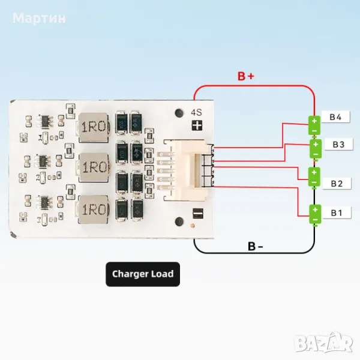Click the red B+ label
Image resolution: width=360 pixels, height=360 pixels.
pos(246,76)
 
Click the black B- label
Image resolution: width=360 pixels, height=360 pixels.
pos(255,247)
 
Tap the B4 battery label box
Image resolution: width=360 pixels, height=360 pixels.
pos(335,117)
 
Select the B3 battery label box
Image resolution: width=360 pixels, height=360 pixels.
pos(338,144)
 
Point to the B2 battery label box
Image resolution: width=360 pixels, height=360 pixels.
pos(337,183)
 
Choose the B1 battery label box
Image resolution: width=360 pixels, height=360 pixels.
pos(337,212)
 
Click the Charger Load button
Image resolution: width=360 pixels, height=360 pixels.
pos(142,274)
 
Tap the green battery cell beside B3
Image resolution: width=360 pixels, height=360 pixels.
pos(314,148)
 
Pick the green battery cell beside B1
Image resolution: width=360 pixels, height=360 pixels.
pos(314,214)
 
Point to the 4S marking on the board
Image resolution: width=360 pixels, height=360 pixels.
pos(196,112)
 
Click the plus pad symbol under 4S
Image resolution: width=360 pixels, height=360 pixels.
pos(196,125)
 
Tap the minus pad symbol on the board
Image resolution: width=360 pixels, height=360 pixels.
pos(196,213)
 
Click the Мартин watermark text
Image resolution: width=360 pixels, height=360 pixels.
pos(40,18)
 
